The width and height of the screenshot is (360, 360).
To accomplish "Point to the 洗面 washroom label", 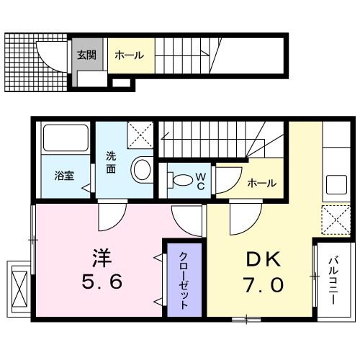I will pyautogui.click(x=112, y=162).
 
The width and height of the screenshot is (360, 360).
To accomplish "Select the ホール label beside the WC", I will pyautogui.click(x=261, y=184).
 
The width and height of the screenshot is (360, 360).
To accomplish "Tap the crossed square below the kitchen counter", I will pyautogui.click(x=334, y=217).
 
